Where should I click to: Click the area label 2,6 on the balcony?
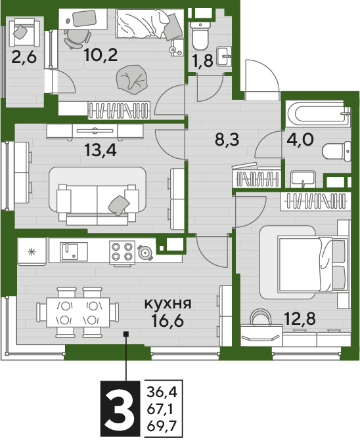pos(24,58)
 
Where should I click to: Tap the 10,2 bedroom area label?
pos(101,55)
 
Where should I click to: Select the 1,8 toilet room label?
pos(203,61)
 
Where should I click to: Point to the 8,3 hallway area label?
pos(227,140)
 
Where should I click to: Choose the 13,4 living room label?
pos(101,150)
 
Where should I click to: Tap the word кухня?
pos(168,304)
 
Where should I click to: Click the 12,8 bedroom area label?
pos(300,319)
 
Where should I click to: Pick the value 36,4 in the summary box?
pos(162,392)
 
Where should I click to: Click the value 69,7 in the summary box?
pos(162,426)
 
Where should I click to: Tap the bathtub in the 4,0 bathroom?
pos(318,114)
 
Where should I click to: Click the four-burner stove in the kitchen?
pos(122,251)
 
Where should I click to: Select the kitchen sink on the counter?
pos(74,252)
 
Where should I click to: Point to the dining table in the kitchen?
pos(78,312)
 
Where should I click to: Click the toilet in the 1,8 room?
pos(200,35)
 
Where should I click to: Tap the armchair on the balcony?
pos(24,32)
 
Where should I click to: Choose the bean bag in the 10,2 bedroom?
pos(133,80)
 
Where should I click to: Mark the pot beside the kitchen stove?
pos(145,252)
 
